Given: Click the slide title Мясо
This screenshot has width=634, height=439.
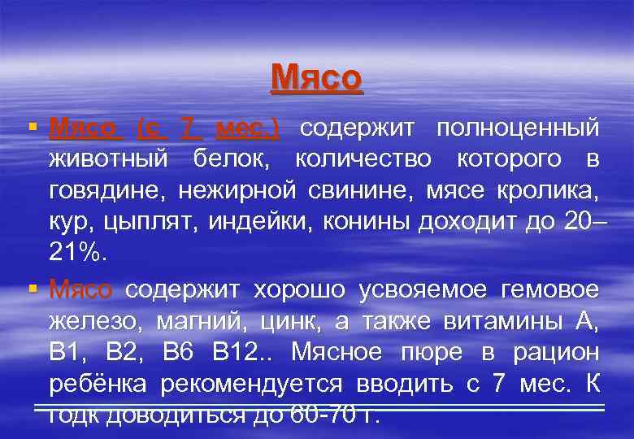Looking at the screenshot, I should coord(316,78).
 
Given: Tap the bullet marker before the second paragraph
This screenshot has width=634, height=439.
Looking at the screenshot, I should coord(33,287).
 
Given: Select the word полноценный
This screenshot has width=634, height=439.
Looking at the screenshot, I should coord(518,128).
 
